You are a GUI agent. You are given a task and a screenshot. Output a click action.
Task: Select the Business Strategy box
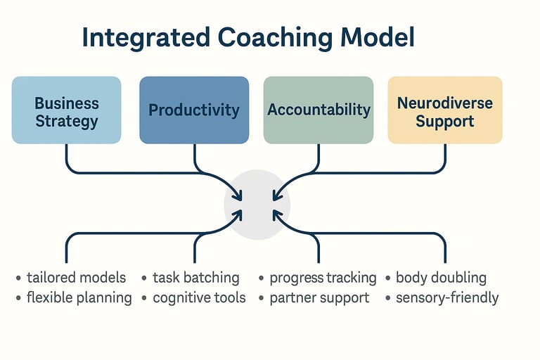[67, 110]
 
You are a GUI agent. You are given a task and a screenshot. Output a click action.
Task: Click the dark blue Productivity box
[194, 110]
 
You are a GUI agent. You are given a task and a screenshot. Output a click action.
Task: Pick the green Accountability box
[319, 110]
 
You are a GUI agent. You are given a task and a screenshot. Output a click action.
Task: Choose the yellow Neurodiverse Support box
[445, 110]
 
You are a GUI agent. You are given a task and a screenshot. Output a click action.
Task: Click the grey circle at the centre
[257, 204]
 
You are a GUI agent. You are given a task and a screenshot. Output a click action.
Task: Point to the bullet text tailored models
[77, 278]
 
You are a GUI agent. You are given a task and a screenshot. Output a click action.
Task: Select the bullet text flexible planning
[79, 297]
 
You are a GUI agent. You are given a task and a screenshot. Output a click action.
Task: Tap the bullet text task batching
[196, 278]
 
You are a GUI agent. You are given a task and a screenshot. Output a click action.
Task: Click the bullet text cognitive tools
[200, 297]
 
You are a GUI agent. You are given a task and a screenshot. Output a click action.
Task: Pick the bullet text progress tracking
[323, 278]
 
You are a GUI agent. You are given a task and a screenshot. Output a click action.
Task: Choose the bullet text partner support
[319, 297]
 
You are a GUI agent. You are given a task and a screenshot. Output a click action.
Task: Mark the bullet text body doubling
[442, 278]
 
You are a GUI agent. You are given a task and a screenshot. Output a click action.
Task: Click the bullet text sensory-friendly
[447, 297]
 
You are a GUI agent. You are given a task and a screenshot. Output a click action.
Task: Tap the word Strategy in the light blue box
[67, 121]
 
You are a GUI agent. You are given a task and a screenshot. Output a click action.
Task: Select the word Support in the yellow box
[445, 121]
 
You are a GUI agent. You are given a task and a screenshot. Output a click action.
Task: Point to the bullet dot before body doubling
[388, 278]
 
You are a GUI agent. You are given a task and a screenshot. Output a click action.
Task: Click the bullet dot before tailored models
[18, 278]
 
